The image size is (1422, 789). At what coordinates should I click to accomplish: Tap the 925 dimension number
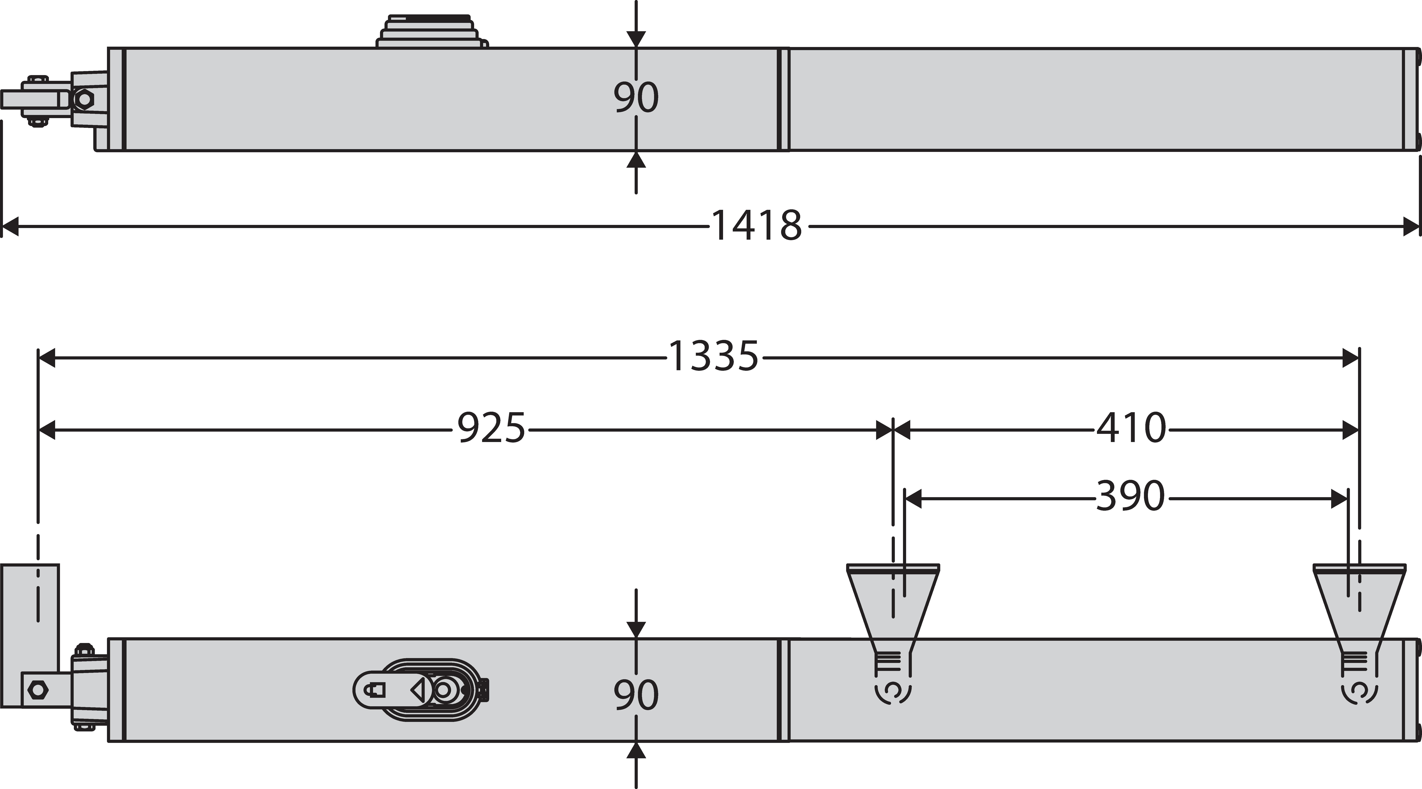click(491, 428)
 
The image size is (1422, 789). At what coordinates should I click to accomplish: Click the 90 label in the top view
click(636, 98)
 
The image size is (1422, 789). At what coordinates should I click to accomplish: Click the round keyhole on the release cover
click(443, 690)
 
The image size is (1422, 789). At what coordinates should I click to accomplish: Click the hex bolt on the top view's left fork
click(84, 99)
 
